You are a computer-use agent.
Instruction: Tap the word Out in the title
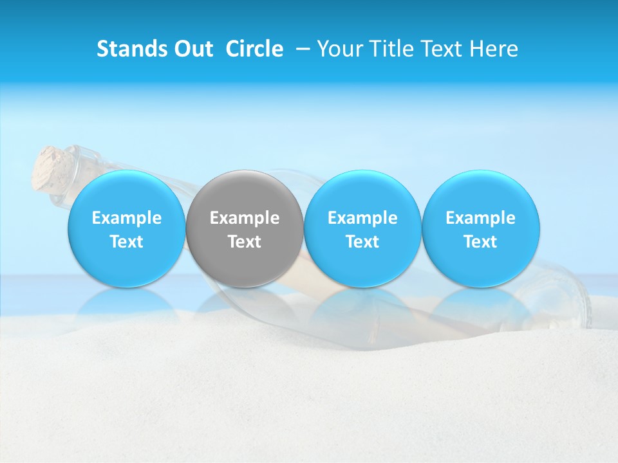pyautogui.click(x=191, y=50)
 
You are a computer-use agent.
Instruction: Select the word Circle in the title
pyautogui.click(x=254, y=50)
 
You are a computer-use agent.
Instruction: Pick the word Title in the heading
pyautogui.click(x=388, y=50)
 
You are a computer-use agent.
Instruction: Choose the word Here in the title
pyautogui.click(x=493, y=50)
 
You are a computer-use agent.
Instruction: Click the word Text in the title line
pyautogui.click(x=440, y=50)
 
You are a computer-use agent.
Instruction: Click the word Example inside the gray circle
pyautogui.click(x=245, y=219)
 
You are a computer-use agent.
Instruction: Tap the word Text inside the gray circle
pyautogui.click(x=245, y=242)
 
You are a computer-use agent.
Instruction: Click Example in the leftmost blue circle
pyautogui.click(x=126, y=219)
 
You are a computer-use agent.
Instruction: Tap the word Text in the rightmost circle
pyautogui.click(x=480, y=242)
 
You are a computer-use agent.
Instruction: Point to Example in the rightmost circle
pyautogui.click(x=480, y=219)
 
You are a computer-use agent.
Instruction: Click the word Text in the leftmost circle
pyautogui.click(x=126, y=242)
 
